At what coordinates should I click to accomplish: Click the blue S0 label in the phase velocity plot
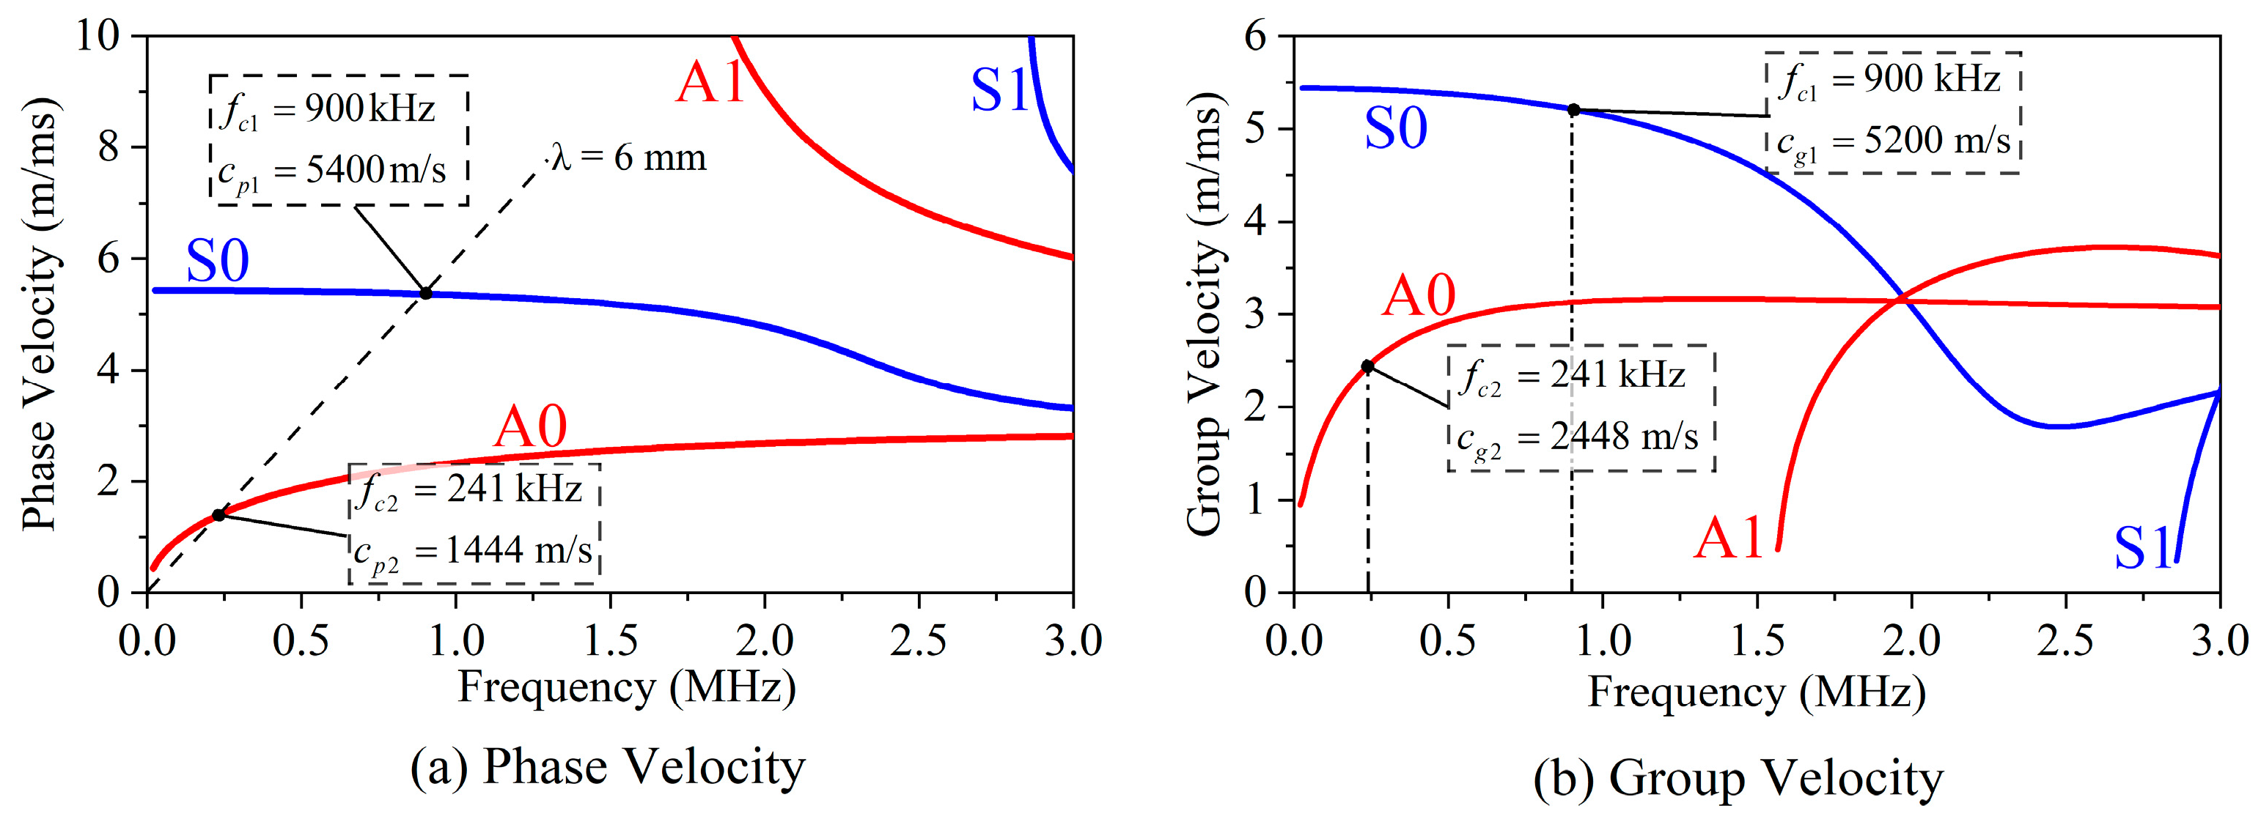pyautogui.click(x=217, y=261)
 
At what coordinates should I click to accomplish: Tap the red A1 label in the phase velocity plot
pyautogui.click(x=709, y=84)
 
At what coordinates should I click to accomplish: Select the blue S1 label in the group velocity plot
pyautogui.click(x=2142, y=547)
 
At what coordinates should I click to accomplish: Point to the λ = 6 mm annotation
pyautogui.click(x=628, y=158)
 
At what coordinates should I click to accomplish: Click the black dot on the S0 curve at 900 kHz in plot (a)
pyautogui.click(x=426, y=293)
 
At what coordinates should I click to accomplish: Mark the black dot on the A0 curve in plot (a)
pyautogui.click(x=218, y=515)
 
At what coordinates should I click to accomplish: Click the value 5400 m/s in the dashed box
pyautogui.click(x=375, y=169)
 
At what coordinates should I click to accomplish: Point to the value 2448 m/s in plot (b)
pyautogui.click(x=1624, y=436)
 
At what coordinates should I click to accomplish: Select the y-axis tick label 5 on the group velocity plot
pyautogui.click(x=1255, y=129)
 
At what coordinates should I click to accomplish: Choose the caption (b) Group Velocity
pyautogui.click(x=1738, y=777)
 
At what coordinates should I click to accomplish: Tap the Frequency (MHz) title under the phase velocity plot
pyautogui.click(x=627, y=687)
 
